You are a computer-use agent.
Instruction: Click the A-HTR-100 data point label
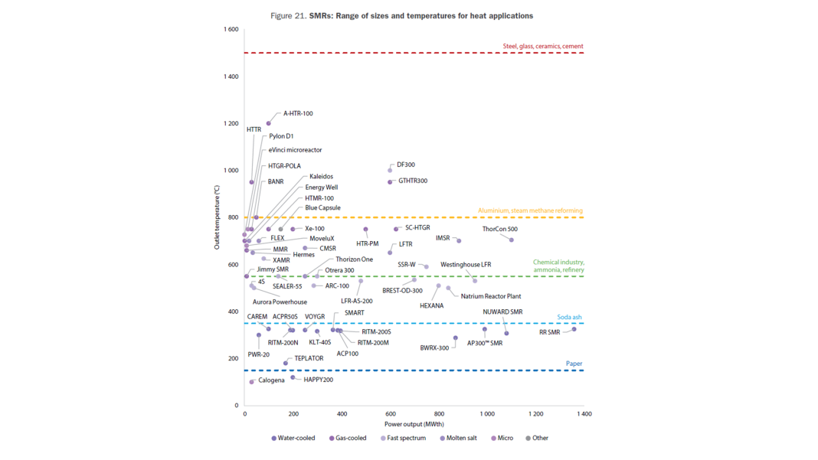pos(298,113)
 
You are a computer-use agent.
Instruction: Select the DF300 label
pos(406,165)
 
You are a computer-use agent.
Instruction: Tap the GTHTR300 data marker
pos(390,182)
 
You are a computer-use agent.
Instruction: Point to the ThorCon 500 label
pos(499,230)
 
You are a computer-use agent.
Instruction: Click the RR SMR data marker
pos(574,329)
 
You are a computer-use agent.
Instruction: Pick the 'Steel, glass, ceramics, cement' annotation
pos(543,47)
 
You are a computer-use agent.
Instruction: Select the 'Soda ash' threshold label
pos(569,317)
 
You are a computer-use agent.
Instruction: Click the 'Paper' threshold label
pos(574,364)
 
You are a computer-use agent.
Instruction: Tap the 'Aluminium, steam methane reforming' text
pos(530,210)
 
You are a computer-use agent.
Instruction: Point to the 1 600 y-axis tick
pos(231,30)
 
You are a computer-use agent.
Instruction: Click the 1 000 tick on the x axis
pos(487,414)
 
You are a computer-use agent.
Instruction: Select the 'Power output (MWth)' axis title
pos(414,424)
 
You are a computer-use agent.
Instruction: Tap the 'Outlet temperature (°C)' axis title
pos(217,218)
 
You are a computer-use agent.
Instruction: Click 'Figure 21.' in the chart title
pos(289,16)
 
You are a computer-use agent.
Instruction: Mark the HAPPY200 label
pos(318,380)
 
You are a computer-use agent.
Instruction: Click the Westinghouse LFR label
pos(466,265)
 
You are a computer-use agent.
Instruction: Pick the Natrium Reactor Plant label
pos(491,296)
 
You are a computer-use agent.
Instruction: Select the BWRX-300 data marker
pos(456,338)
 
